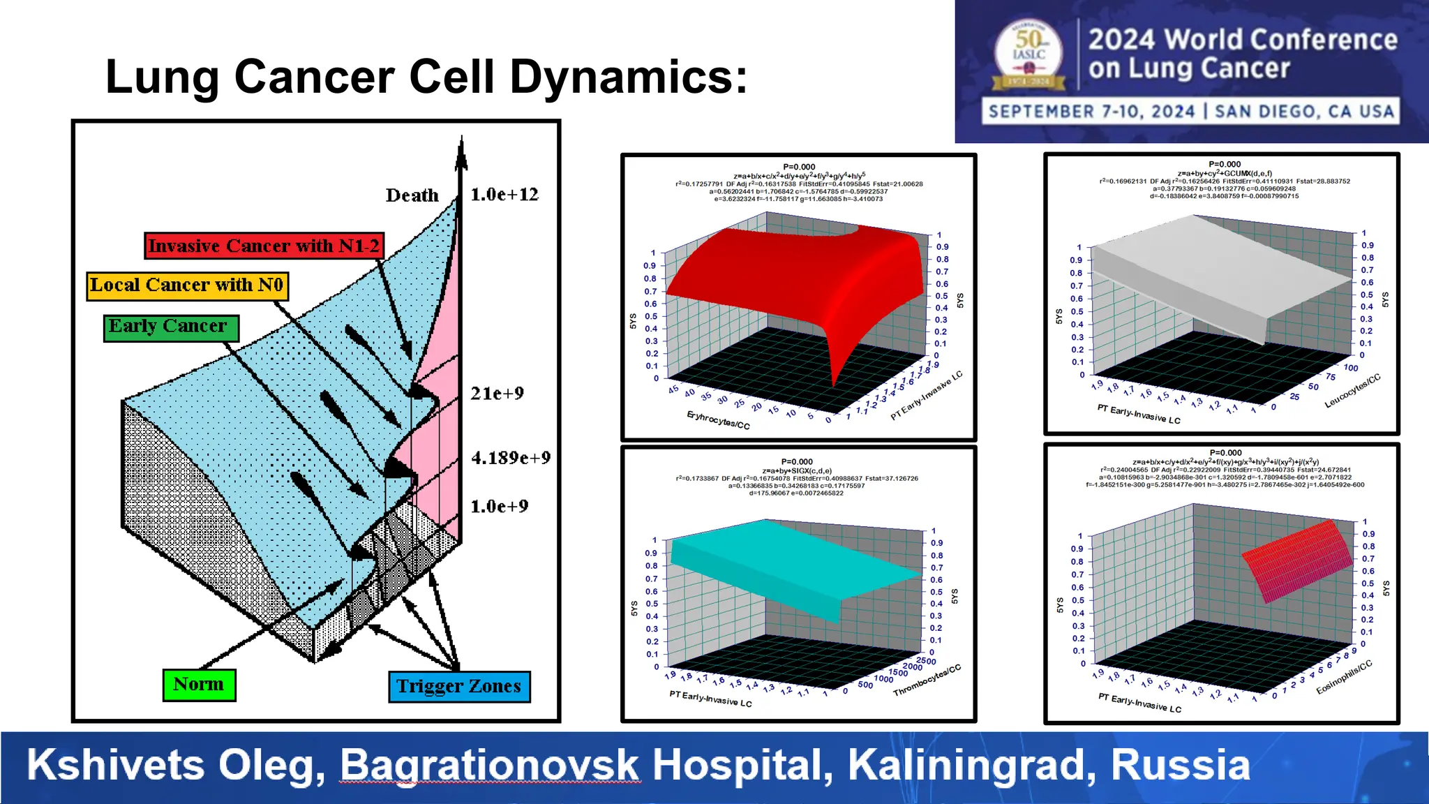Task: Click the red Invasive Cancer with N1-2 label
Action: point(264,246)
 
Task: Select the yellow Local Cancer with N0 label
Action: point(187,285)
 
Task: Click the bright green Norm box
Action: point(199,685)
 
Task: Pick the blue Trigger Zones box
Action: point(459,687)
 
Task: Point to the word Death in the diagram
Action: point(412,195)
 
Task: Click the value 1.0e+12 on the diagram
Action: point(504,195)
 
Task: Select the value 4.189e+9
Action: point(510,458)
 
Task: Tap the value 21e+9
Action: point(497,394)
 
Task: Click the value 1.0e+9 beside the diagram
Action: point(499,507)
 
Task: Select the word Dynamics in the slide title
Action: point(628,76)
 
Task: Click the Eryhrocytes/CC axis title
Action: point(718,420)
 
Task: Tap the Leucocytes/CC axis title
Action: point(1352,392)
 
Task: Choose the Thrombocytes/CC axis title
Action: point(927,680)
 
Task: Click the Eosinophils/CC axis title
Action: point(1344,677)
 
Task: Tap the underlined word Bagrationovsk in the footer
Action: point(489,765)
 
